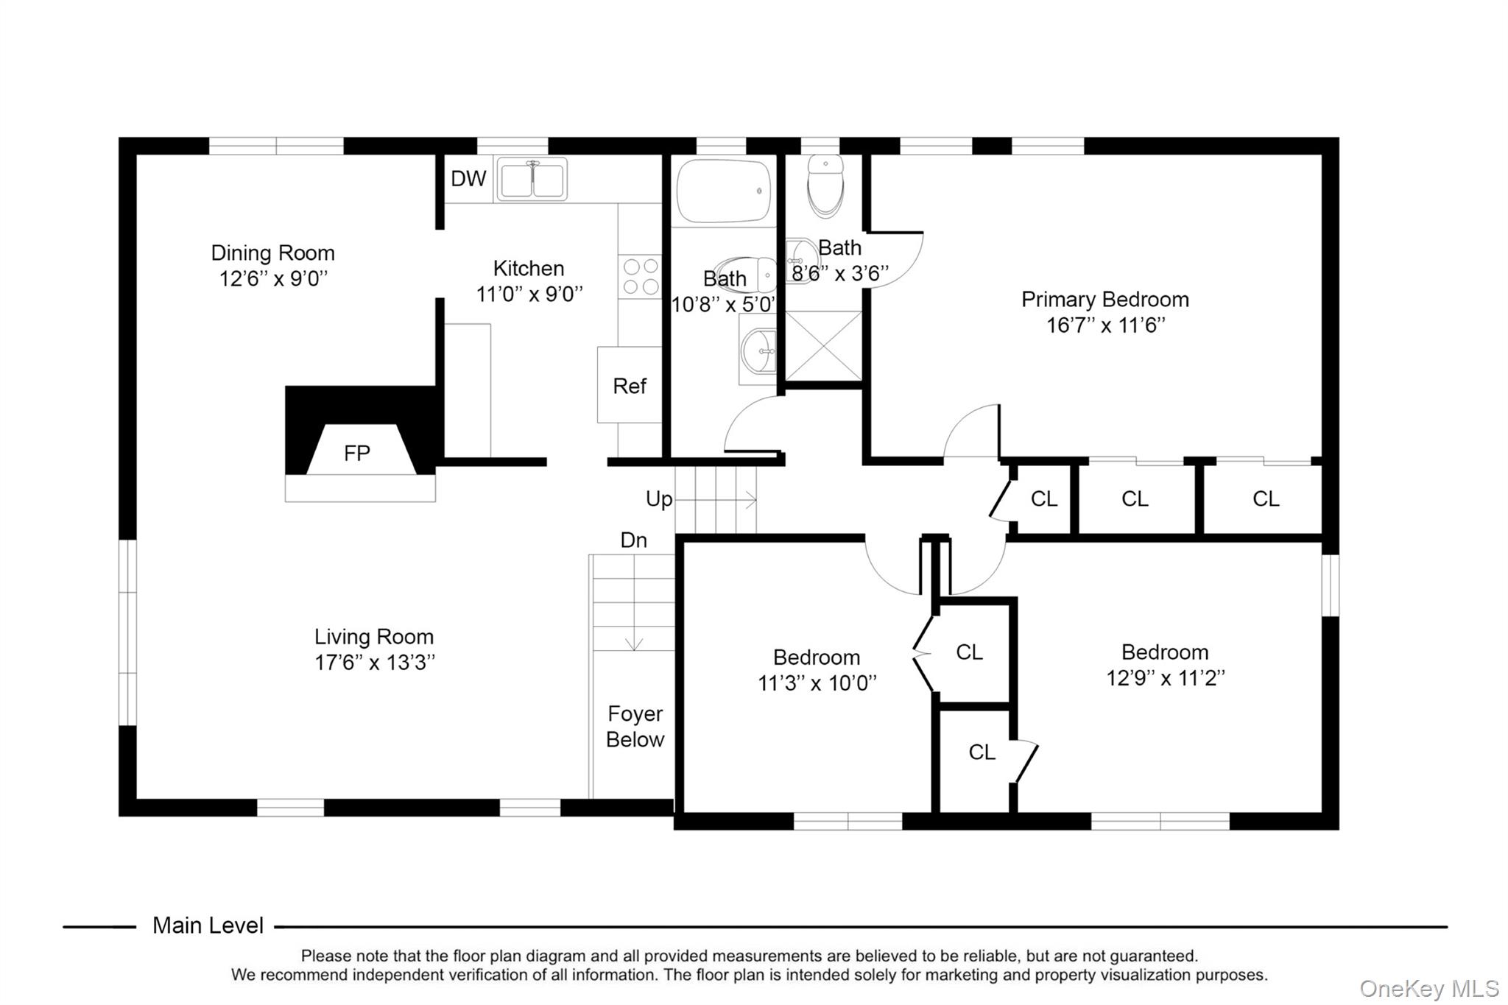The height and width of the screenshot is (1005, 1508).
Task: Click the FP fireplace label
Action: point(357,453)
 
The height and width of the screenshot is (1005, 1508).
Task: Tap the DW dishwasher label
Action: point(468,178)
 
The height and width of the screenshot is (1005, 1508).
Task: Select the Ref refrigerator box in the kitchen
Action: point(629,386)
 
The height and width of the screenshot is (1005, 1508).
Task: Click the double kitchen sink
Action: point(532,179)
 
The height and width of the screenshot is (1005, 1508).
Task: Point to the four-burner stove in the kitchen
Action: point(640,276)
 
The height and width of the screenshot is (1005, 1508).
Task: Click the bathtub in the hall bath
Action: point(723,191)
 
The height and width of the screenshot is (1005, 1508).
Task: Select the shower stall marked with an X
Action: point(823,346)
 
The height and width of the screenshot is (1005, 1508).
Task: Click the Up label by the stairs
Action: point(658,499)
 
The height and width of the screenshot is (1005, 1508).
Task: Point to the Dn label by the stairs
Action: point(633,540)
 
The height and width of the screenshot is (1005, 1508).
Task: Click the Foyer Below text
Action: point(635,727)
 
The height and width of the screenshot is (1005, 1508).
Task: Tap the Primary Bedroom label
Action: point(1104,300)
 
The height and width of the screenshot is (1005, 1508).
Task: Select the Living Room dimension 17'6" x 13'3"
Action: point(375,663)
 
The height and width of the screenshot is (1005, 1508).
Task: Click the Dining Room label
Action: point(272,253)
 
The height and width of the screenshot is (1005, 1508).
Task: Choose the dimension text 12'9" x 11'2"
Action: point(1165,678)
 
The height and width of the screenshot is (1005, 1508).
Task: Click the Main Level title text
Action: point(208,925)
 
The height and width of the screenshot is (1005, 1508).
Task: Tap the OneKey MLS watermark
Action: point(1428,988)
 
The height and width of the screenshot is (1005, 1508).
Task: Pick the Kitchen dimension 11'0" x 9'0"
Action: point(529,295)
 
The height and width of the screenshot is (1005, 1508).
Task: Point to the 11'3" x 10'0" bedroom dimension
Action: point(817,683)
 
